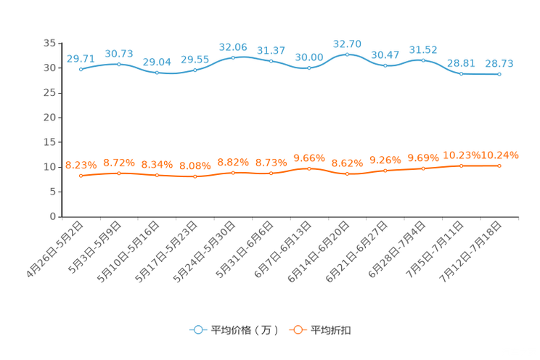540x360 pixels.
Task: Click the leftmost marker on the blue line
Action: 81,70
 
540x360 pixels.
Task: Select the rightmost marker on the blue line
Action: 499,73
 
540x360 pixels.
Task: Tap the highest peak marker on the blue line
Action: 348,54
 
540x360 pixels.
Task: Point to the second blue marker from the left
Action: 119,65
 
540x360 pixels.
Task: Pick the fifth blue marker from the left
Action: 233,57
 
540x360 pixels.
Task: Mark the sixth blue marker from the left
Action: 271,61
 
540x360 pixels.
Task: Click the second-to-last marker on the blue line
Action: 461,73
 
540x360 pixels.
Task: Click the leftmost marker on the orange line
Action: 81,175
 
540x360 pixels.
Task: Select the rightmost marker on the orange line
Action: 499,165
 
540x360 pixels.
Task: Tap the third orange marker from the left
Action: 157,175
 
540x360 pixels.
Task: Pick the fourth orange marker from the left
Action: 195,176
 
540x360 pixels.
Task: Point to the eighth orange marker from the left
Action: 348,173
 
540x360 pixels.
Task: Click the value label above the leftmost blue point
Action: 81,59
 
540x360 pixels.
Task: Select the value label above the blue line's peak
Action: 348,44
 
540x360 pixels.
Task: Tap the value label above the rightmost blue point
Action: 499,63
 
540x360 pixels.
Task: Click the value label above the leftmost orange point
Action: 81,165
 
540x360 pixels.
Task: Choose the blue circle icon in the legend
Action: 197,330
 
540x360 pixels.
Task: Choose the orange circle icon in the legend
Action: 297,330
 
